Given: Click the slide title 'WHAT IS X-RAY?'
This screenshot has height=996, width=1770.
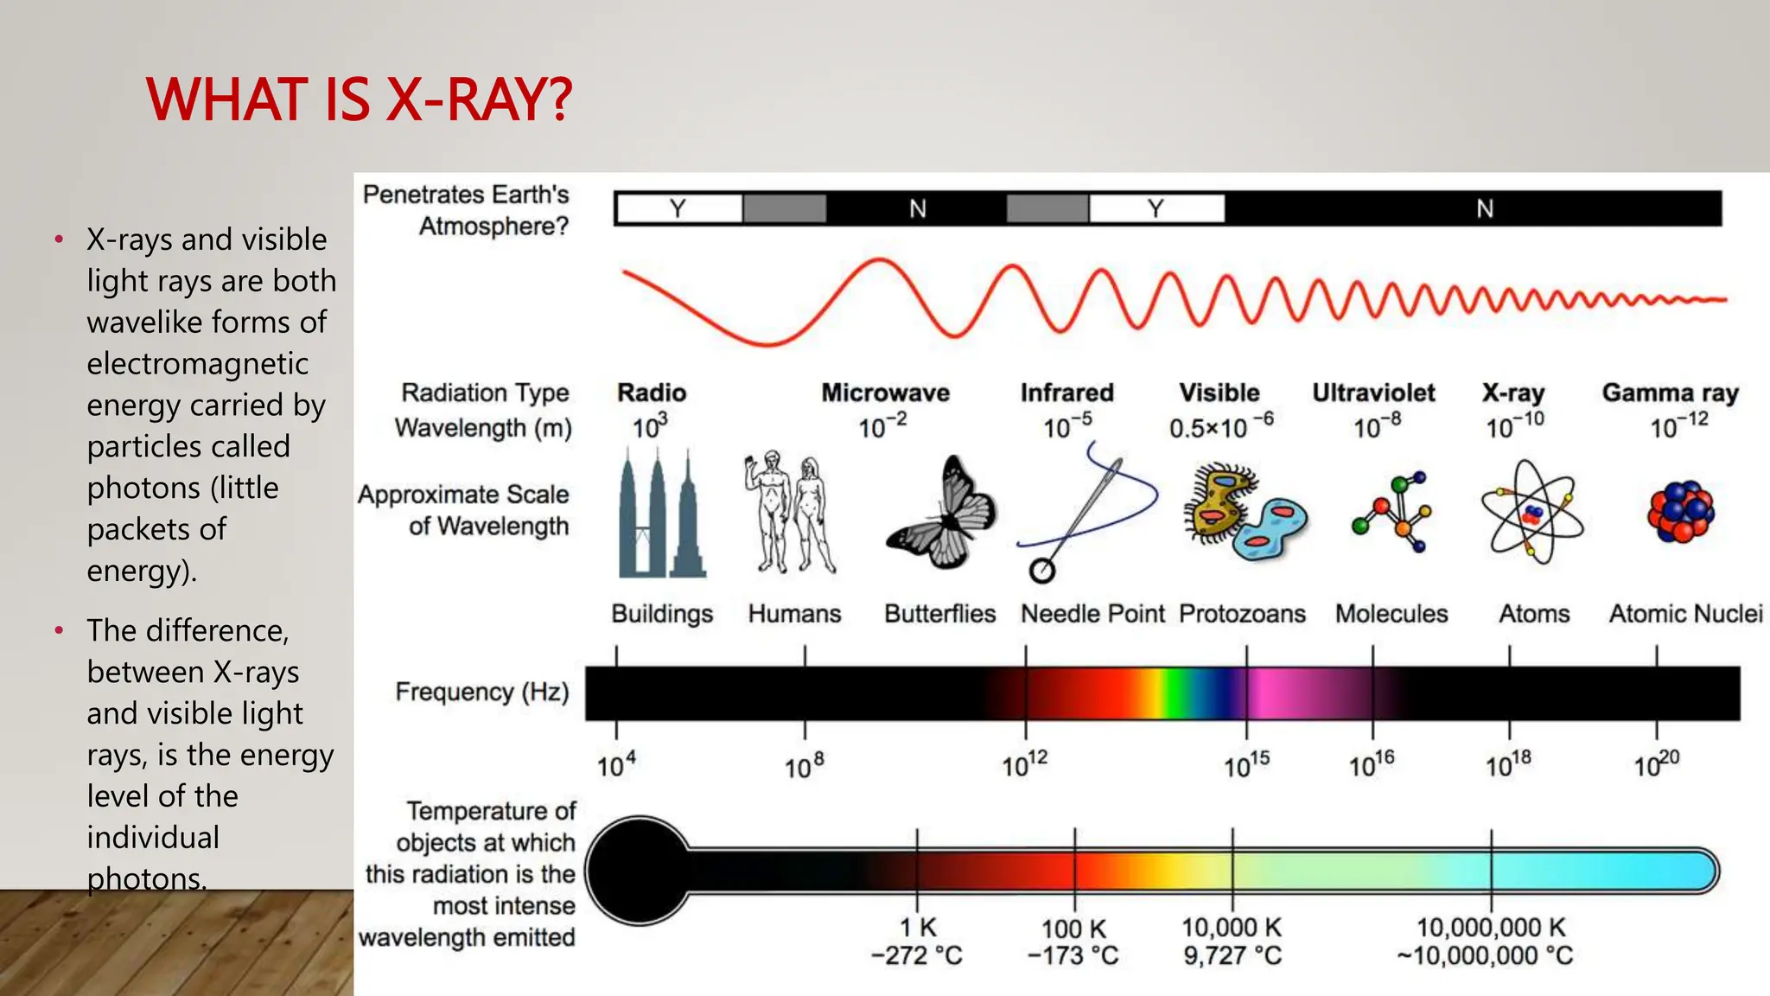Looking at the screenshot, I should (x=359, y=99).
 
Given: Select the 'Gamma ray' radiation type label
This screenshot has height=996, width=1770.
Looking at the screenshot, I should (x=1670, y=393).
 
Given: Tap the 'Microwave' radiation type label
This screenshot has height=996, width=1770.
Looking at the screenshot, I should (x=885, y=393).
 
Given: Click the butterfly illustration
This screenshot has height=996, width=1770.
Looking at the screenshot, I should (x=942, y=514).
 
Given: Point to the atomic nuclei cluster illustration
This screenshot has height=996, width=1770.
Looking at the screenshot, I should (x=1680, y=511).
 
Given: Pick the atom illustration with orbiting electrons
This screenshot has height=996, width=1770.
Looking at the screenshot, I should (x=1531, y=513).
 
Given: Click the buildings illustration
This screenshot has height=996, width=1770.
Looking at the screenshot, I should (x=661, y=514).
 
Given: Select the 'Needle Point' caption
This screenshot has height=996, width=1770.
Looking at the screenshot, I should (x=1092, y=614).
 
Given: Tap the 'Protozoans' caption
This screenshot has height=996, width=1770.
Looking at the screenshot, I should (x=1242, y=614).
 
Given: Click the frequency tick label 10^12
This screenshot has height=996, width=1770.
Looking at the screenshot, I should (x=1024, y=765).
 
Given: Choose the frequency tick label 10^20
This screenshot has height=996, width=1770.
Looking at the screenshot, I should (x=1656, y=765).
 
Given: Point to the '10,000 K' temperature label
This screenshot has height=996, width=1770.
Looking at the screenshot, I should (x=1232, y=928).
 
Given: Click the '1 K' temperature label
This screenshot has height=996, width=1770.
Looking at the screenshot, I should (x=918, y=928).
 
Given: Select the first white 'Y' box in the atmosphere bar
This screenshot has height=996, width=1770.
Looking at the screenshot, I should (x=679, y=208).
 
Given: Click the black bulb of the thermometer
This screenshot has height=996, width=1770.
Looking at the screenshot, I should (x=638, y=870).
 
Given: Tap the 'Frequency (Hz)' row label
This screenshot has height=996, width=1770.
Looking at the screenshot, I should (x=481, y=692).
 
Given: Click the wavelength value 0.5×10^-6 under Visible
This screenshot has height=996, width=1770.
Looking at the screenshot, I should (x=1220, y=427).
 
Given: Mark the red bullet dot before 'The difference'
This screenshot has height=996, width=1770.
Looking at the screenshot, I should (x=59, y=630).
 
